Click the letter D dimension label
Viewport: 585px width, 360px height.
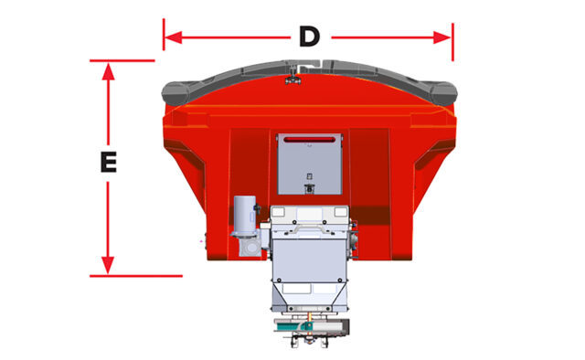pos(309,37)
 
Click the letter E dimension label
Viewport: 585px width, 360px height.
pos(108,164)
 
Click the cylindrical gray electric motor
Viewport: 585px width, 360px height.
pos(244,214)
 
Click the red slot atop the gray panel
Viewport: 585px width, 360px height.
pos(309,140)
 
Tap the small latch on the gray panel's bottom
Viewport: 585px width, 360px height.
pos(309,189)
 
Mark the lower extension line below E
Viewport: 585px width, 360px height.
pos(137,275)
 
